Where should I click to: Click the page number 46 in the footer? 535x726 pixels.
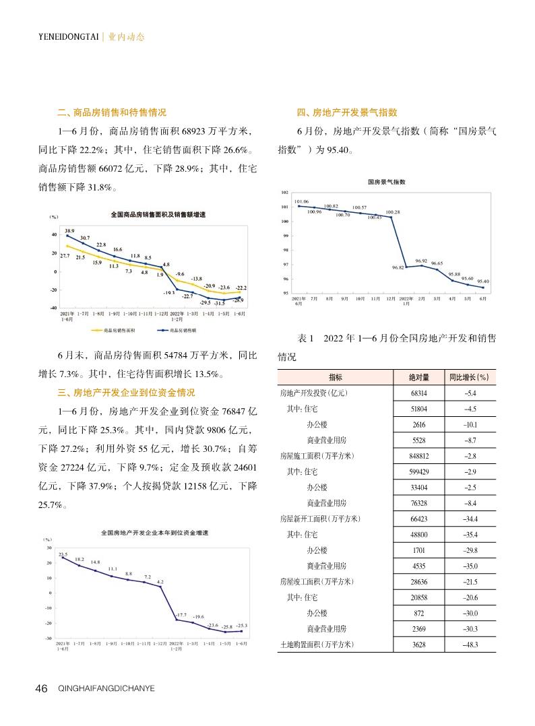coord(41,688)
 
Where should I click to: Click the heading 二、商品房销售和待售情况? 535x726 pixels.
coord(111,113)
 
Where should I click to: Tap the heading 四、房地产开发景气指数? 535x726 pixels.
coord(346,113)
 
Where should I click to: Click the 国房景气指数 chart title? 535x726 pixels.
coord(387,182)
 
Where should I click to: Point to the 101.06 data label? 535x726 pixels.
coord(302,201)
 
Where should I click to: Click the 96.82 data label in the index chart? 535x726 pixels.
coord(398,267)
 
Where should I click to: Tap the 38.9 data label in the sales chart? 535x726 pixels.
coord(69,230)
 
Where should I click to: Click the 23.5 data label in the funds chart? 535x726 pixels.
coord(63,553)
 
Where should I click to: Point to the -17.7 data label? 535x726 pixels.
coord(181,615)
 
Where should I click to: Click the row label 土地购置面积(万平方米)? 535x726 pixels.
coord(317,645)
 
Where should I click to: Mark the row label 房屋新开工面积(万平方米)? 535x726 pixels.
coord(320,519)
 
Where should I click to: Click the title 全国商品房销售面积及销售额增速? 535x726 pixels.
coord(158,215)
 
